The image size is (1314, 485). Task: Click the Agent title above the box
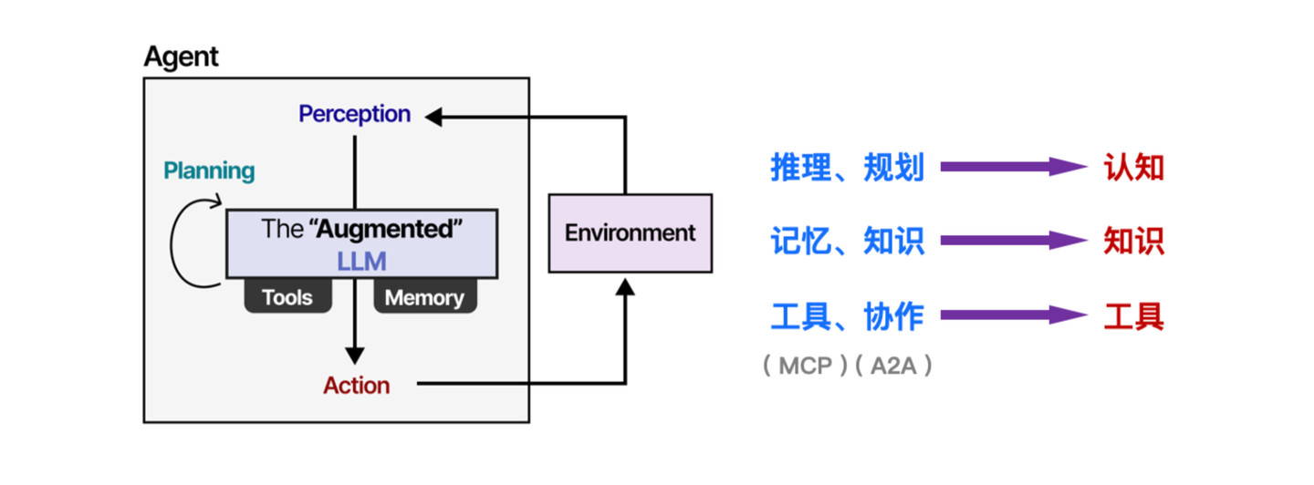tap(181, 57)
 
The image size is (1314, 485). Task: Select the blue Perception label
tap(354, 115)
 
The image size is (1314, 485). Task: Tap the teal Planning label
tap(209, 170)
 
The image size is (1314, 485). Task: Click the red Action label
tap(356, 386)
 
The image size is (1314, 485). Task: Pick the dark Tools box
tap(287, 297)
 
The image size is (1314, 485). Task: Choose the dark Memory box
tap(424, 297)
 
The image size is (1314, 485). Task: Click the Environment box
tap(630, 232)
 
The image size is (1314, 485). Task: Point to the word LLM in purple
tap(361, 262)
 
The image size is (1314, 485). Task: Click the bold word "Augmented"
tap(387, 229)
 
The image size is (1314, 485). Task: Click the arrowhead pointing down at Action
tap(355, 356)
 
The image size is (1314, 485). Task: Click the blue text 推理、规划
tap(847, 168)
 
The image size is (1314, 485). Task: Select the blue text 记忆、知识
tap(847, 241)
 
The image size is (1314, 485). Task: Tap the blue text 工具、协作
tap(847, 316)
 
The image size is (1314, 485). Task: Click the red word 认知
tap(1133, 168)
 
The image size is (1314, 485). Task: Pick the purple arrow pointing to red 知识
tap(1013, 241)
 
